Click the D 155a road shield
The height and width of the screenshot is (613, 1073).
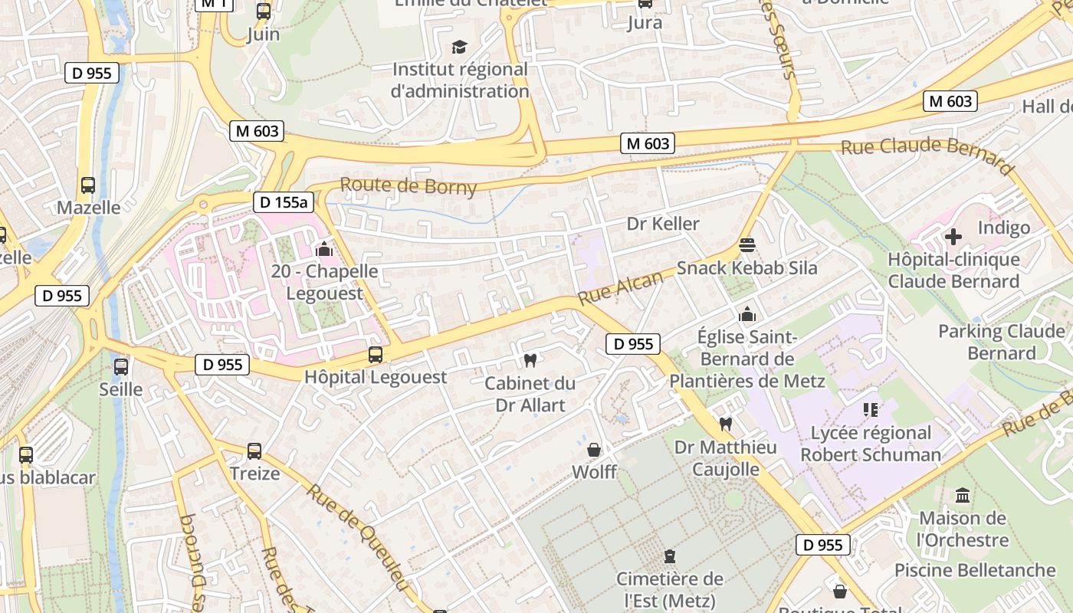[284, 202]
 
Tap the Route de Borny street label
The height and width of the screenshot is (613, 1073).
[408, 186]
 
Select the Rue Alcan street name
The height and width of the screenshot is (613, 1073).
[620, 287]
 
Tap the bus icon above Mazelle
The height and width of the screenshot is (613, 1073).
[88, 185]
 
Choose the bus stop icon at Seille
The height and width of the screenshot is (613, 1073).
[121, 367]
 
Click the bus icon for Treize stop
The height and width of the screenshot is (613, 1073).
[254, 451]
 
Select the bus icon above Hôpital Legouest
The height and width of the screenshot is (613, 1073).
[376, 355]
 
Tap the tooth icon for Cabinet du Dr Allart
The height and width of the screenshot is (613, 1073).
[530, 360]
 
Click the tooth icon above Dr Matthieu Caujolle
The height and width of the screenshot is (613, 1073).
[725, 424]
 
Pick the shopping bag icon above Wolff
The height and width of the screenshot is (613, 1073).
[594, 450]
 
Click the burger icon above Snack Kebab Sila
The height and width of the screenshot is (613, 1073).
[747, 245]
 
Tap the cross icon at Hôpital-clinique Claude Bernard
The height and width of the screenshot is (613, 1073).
[953, 237]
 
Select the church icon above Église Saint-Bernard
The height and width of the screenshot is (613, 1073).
[747, 314]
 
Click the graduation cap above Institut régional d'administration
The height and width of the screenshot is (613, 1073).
[459, 48]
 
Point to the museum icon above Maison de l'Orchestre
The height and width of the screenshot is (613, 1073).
[963, 496]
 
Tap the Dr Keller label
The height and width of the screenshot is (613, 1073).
[663, 224]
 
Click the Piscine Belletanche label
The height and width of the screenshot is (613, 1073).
[975, 570]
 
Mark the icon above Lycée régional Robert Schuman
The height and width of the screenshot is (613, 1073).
[871, 410]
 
